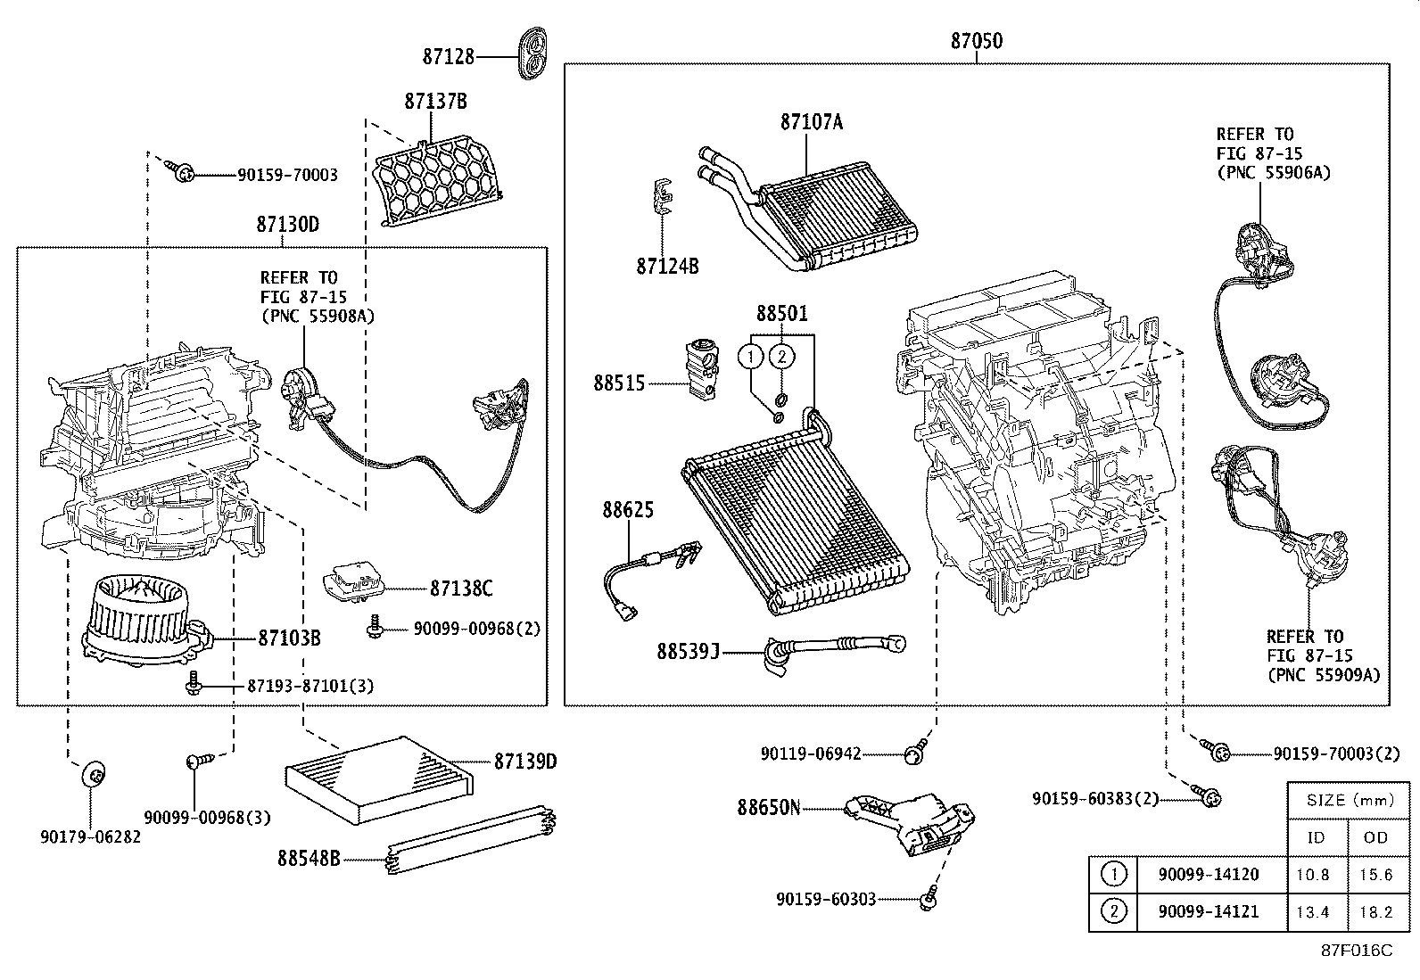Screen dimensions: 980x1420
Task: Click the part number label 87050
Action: pos(976,41)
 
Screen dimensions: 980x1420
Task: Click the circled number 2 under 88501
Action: pos(781,357)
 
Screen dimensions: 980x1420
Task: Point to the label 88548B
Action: pos(309,859)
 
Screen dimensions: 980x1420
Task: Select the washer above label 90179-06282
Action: pos(92,773)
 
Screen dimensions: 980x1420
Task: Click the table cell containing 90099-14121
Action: pos(1208,911)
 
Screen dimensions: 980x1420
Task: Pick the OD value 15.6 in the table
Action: pos(1375,875)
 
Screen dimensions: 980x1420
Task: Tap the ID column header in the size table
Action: pos(1316,836)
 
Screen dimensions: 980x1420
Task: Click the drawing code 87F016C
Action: pos(1356,951)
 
